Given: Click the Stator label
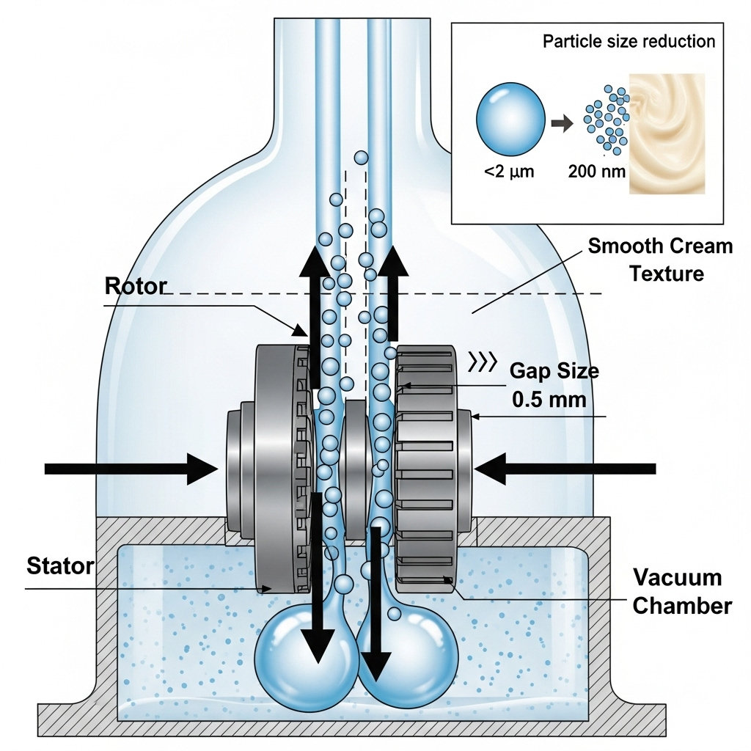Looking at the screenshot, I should pyautogui.click(x=60, y=565).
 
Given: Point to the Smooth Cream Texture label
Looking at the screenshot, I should pyautogui.click(x=660, y=260).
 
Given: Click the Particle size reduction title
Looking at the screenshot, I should pyautogui.click(x=629, y=41).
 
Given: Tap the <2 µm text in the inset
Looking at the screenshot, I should pyautogui.click(x=508, y=173).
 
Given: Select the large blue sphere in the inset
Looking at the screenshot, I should pyautogui.click(x=510, y=120).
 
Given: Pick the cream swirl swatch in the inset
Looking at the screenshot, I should pyautogui.click(x=667, y=133).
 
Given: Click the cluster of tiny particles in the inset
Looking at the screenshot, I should pyautogui.click(x=607, y=117).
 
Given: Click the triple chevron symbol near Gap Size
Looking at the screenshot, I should pyautogui.click(x=482, y=361).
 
